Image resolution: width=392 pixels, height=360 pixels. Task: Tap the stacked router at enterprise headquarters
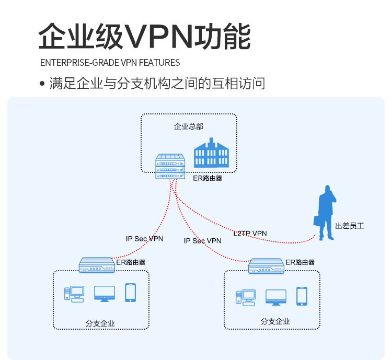[170, 166]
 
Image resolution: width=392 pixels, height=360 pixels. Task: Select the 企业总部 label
[189, 126]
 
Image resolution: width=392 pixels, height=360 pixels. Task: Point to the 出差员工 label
[349, 226]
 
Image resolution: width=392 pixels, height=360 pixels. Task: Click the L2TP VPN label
[250, 233]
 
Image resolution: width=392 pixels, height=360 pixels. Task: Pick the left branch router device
[97, 265]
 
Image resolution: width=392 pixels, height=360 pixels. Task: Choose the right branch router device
[266, 266]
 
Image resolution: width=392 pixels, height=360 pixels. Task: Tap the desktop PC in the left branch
[74, 294]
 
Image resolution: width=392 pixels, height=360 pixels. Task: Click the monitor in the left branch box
[105, 293]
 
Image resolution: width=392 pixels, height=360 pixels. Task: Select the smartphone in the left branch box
[130, 293]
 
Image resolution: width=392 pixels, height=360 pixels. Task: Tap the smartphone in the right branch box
[302, 296]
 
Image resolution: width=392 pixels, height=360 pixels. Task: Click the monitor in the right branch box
[276, 297]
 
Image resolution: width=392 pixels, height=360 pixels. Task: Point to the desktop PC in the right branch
[246, 297]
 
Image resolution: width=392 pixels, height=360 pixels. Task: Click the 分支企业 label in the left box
[100, 324]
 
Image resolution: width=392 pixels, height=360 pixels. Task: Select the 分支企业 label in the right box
[275, 321]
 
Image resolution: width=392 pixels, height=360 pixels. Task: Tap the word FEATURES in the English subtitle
[159, 63]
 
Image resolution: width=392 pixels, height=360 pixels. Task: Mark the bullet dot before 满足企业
[42, 84]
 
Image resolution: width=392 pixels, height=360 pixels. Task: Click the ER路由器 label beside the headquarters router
[207, 178]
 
